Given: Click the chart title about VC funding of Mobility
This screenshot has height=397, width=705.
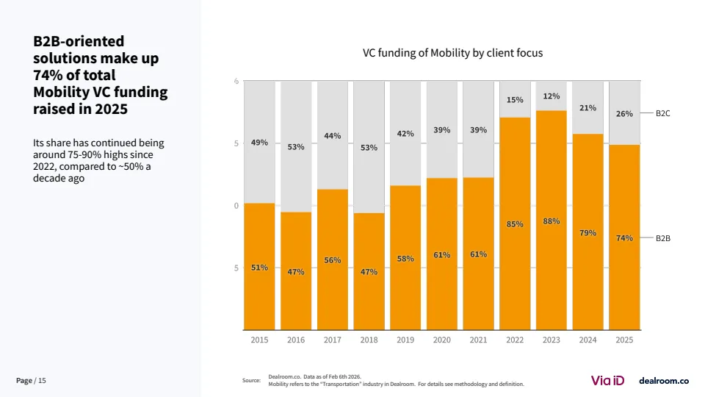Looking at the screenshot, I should point(452,53).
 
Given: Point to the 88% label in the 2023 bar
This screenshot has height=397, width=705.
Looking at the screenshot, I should point(552,221).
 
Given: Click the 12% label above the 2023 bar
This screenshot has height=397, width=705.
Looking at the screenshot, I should point(552,96).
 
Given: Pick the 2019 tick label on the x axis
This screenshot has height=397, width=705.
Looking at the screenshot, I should point(405,340).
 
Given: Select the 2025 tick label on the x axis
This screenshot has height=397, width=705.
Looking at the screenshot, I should point(624,340).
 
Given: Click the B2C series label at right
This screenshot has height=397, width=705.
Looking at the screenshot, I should point(662,114).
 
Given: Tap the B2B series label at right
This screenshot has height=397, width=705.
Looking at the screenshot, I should point(662,238).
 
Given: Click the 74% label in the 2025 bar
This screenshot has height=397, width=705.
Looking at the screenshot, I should point(624,237).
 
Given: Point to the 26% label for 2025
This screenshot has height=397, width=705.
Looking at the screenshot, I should point(624,114).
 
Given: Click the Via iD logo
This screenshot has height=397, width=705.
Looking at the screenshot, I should point(607,380).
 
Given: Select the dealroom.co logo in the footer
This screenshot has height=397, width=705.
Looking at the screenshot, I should point(664,380).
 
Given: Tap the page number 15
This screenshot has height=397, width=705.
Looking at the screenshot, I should point(42,380).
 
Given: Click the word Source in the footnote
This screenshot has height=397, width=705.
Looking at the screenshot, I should point(251,380).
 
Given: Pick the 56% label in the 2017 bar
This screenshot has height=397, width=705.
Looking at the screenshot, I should point(332,260).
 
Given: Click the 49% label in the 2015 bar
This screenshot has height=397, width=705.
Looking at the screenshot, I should point(259,143).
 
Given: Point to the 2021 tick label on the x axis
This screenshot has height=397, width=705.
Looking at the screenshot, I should point(478,340).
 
